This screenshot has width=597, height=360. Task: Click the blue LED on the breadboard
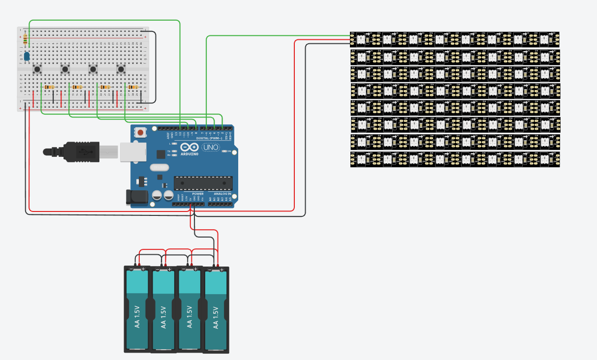(x=27, y=57)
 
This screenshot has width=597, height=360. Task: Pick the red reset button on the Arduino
(x=141, y=132)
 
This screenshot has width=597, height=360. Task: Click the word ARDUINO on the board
(x=189, y=154)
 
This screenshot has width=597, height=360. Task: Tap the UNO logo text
(x=211, y=147)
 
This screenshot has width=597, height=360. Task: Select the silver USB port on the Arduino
(x=133, y=152)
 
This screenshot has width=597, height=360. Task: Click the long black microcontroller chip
(x=202, y=182)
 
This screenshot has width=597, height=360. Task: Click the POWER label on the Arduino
(x=197, y=194)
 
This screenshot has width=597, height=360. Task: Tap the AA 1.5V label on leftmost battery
(x=137, y=317)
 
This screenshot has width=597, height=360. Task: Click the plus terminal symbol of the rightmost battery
(x=221, y=270)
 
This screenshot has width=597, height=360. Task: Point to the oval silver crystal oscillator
(x=158, y=176)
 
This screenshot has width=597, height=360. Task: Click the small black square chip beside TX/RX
(x=160, y=154)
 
